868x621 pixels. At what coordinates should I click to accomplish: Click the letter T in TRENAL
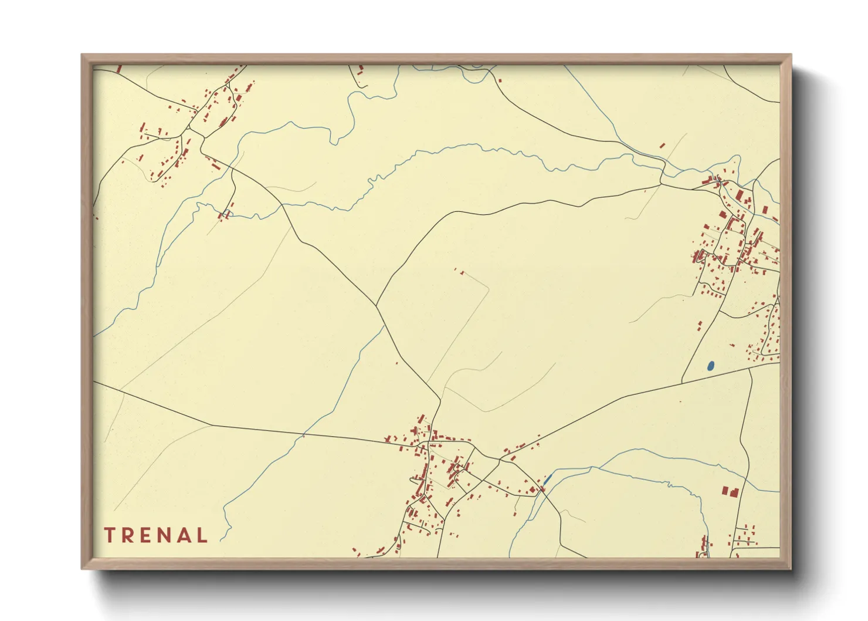coord(109,535)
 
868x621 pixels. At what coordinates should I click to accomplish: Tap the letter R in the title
coord(128,535)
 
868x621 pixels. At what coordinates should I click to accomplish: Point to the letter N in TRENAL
coord(167,535)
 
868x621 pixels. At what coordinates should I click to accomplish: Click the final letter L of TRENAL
coord(203,535)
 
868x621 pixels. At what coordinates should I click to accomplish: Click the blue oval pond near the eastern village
coord(711,366)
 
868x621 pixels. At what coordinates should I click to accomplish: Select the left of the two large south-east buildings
coord(725,491)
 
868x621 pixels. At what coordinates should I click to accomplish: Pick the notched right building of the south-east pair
coord(734,491)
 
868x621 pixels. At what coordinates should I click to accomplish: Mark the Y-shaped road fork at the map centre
coord(377,305)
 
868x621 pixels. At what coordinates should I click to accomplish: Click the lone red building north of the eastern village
coord(663,144)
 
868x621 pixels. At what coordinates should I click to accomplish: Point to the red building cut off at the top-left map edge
coord(119,69)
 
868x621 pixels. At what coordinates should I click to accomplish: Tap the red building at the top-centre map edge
coord(360,70)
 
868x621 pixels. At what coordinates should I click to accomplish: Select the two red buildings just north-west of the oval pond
coord(700,326)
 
